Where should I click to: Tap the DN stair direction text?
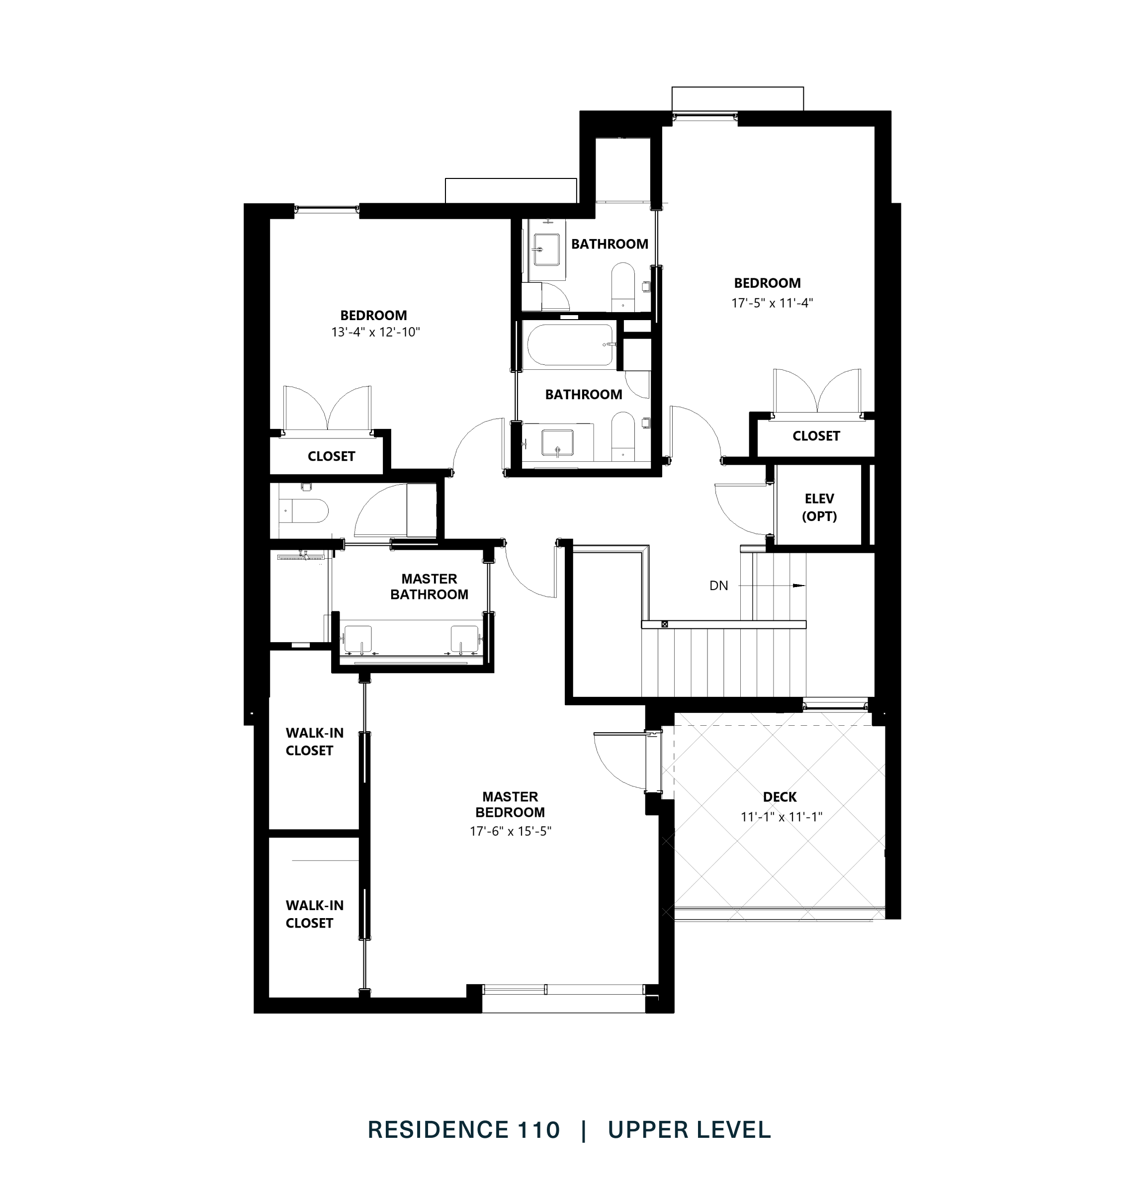point(718,586)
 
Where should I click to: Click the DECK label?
point(780,797)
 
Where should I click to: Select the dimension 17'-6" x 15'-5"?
point(510,831)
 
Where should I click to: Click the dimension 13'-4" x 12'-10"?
point(375,333)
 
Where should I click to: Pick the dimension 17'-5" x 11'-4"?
point(772,303)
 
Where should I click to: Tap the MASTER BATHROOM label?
point(429,587)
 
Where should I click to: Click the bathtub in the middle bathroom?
point(570,345)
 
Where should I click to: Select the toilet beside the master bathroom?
point(306,511)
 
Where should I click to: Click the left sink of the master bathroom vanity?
point(358,638)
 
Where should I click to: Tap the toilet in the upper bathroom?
point(622,285)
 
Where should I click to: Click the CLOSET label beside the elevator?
point(816,436)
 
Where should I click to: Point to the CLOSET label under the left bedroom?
point(331,456)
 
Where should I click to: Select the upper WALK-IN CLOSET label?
point(314,742)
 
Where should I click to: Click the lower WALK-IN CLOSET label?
point(314,914)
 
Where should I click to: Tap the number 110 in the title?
point(538,1130)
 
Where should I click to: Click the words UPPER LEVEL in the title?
point(689,1130)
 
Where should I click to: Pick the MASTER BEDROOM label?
point(510,804)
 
